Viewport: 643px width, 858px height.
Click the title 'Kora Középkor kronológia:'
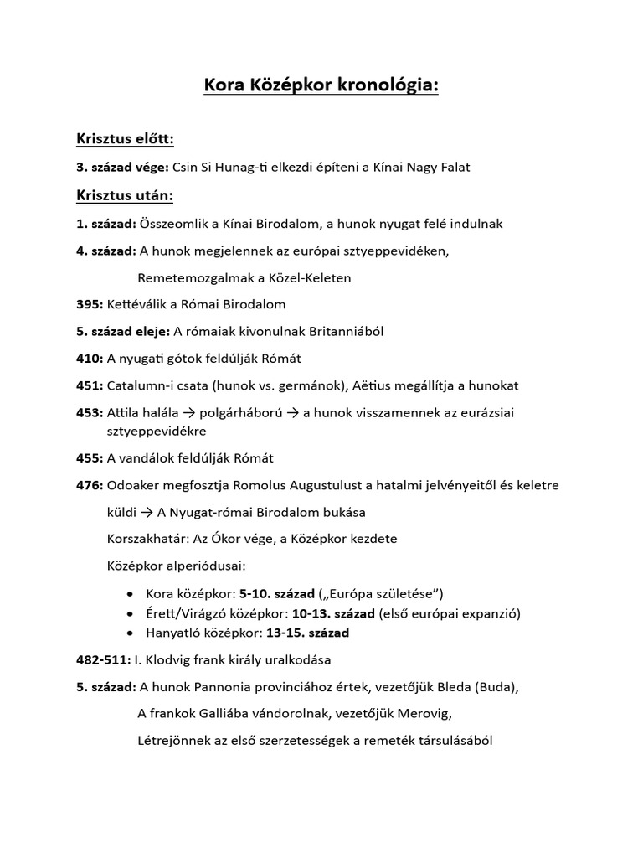[x=321, y=87]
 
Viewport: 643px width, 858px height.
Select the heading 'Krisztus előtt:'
[x=125, y=138]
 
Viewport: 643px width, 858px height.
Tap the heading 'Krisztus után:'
[x=125, y=195]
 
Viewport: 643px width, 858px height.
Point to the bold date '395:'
[x=90, y=304]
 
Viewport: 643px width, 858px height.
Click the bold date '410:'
[x=90, y=358]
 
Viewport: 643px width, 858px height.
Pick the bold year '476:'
[x=90, y=485]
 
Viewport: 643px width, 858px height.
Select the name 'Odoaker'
[x=136, y=485]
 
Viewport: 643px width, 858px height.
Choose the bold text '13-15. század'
[x=310, y=633]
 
